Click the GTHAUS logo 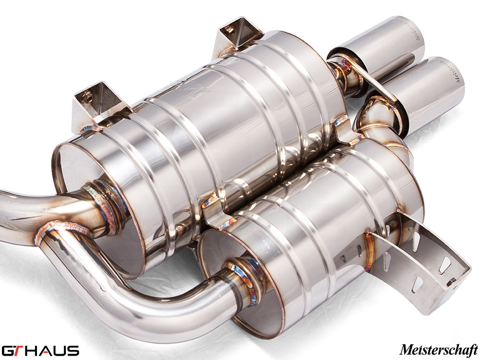pyautogui.click(x=40, y=350)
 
